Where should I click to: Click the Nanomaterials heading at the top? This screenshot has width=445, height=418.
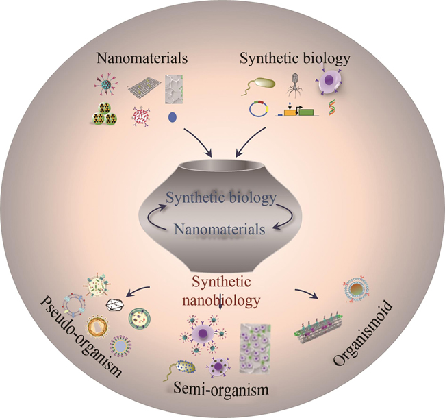point(140,60)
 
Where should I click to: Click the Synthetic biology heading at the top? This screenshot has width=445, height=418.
point(294,59)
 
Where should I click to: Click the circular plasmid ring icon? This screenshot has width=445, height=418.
point(257,109)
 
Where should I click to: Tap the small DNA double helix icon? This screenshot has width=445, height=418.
point(333,108)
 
